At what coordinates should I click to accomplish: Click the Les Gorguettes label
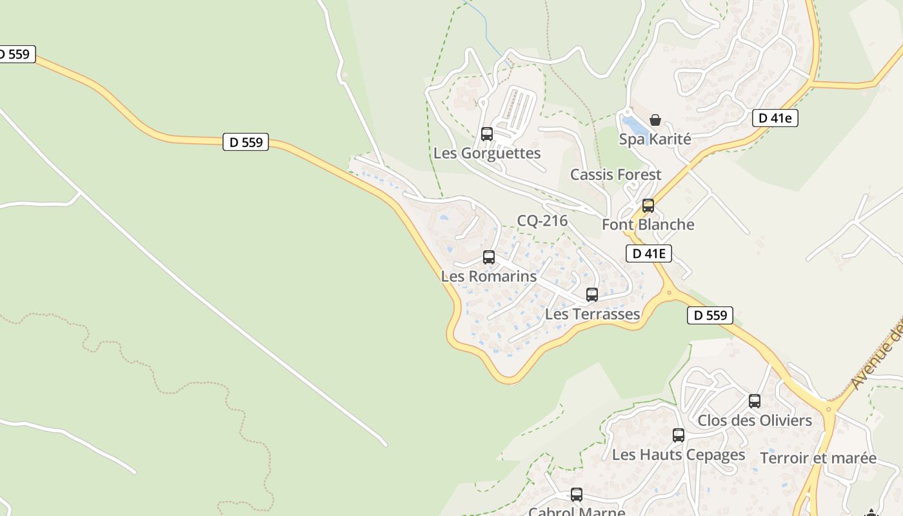487,154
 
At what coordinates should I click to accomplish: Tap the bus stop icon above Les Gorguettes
487,134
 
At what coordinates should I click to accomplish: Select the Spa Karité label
655,139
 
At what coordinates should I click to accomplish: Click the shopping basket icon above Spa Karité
655,120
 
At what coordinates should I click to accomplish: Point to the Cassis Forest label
615,175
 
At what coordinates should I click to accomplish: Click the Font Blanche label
648,225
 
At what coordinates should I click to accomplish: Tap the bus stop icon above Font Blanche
648,206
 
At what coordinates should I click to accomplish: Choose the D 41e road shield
775,118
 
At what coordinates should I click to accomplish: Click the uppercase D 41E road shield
649,253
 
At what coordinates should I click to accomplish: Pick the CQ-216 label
542,221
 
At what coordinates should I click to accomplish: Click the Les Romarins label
488,277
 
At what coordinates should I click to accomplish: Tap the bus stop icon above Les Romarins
489,257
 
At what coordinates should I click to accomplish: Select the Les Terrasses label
592,314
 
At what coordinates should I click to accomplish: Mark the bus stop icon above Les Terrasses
592,295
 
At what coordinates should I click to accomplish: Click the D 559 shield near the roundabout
710,315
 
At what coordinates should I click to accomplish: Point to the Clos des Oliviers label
755,421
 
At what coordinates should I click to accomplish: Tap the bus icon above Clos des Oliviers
755,401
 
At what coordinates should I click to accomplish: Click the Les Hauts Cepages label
679,455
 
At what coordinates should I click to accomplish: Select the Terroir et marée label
818,459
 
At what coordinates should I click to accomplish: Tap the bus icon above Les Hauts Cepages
679,435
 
